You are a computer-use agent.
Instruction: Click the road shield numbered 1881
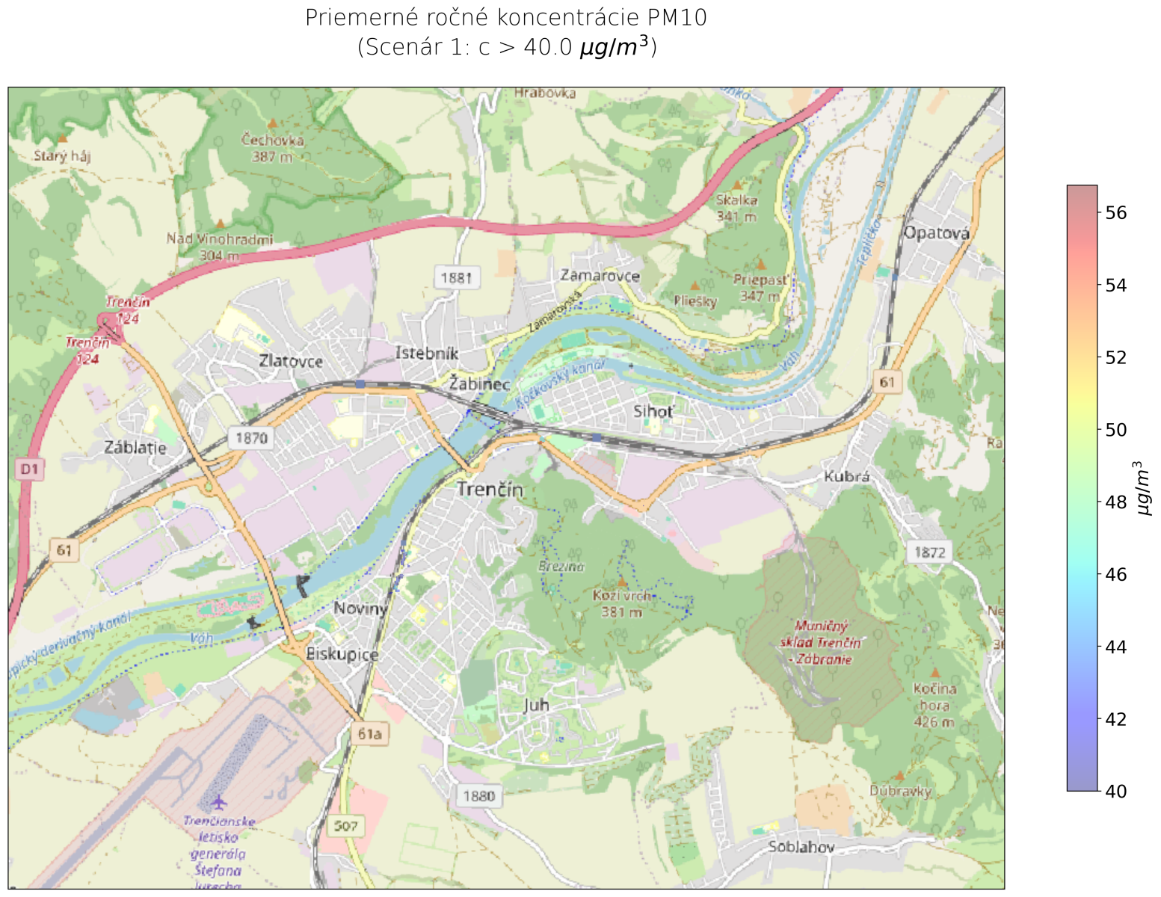click(x=456, y=278)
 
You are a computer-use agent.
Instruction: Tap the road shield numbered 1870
click(x=251, y=438)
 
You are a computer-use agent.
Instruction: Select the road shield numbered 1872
click(x=930, y=552)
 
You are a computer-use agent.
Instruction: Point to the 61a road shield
click(x=369, y=734)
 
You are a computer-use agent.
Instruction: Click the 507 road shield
click(x=346, y=826)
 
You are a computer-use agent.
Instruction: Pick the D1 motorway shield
click(x=29, y=469)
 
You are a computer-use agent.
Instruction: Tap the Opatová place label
click(x=937, y=232)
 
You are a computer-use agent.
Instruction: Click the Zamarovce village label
click(x=600, y=276)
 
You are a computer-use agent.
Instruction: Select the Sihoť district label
click(x=653, y=411)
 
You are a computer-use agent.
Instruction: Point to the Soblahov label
click(x=801, y=847)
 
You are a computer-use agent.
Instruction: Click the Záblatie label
click(x=135, y=448)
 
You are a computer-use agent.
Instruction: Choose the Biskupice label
click(x=342, y=654)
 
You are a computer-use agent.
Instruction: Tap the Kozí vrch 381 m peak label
click(x=622, y=604)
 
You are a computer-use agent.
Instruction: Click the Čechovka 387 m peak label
click(x=273, y=147)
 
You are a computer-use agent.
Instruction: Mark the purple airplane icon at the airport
click(x=218, y=803)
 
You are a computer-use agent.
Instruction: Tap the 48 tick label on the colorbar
click(x=1115, y=502)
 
